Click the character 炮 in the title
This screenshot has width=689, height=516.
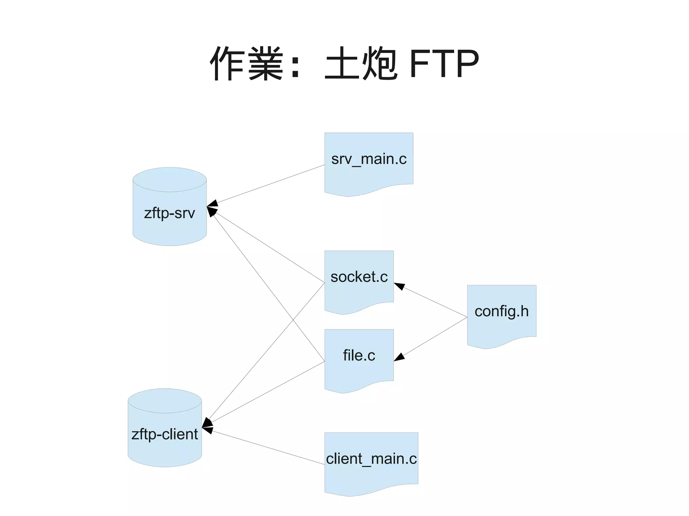tap(379, 64)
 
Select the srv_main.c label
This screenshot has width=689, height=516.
tap(369, 159)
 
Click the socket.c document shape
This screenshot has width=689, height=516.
tap(359, 289)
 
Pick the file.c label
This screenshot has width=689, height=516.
tap(359, 355)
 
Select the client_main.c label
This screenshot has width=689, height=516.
tap(371, 459)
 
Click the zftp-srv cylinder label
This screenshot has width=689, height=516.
tap(169, 213)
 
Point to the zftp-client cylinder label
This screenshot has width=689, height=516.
tap(165, 434)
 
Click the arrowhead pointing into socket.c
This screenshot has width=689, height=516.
tap(399, 286)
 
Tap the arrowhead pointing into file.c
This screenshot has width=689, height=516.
tap(399, 357)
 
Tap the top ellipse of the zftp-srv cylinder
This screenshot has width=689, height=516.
tap(170, 180)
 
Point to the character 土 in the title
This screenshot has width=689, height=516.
tap(341, 64)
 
